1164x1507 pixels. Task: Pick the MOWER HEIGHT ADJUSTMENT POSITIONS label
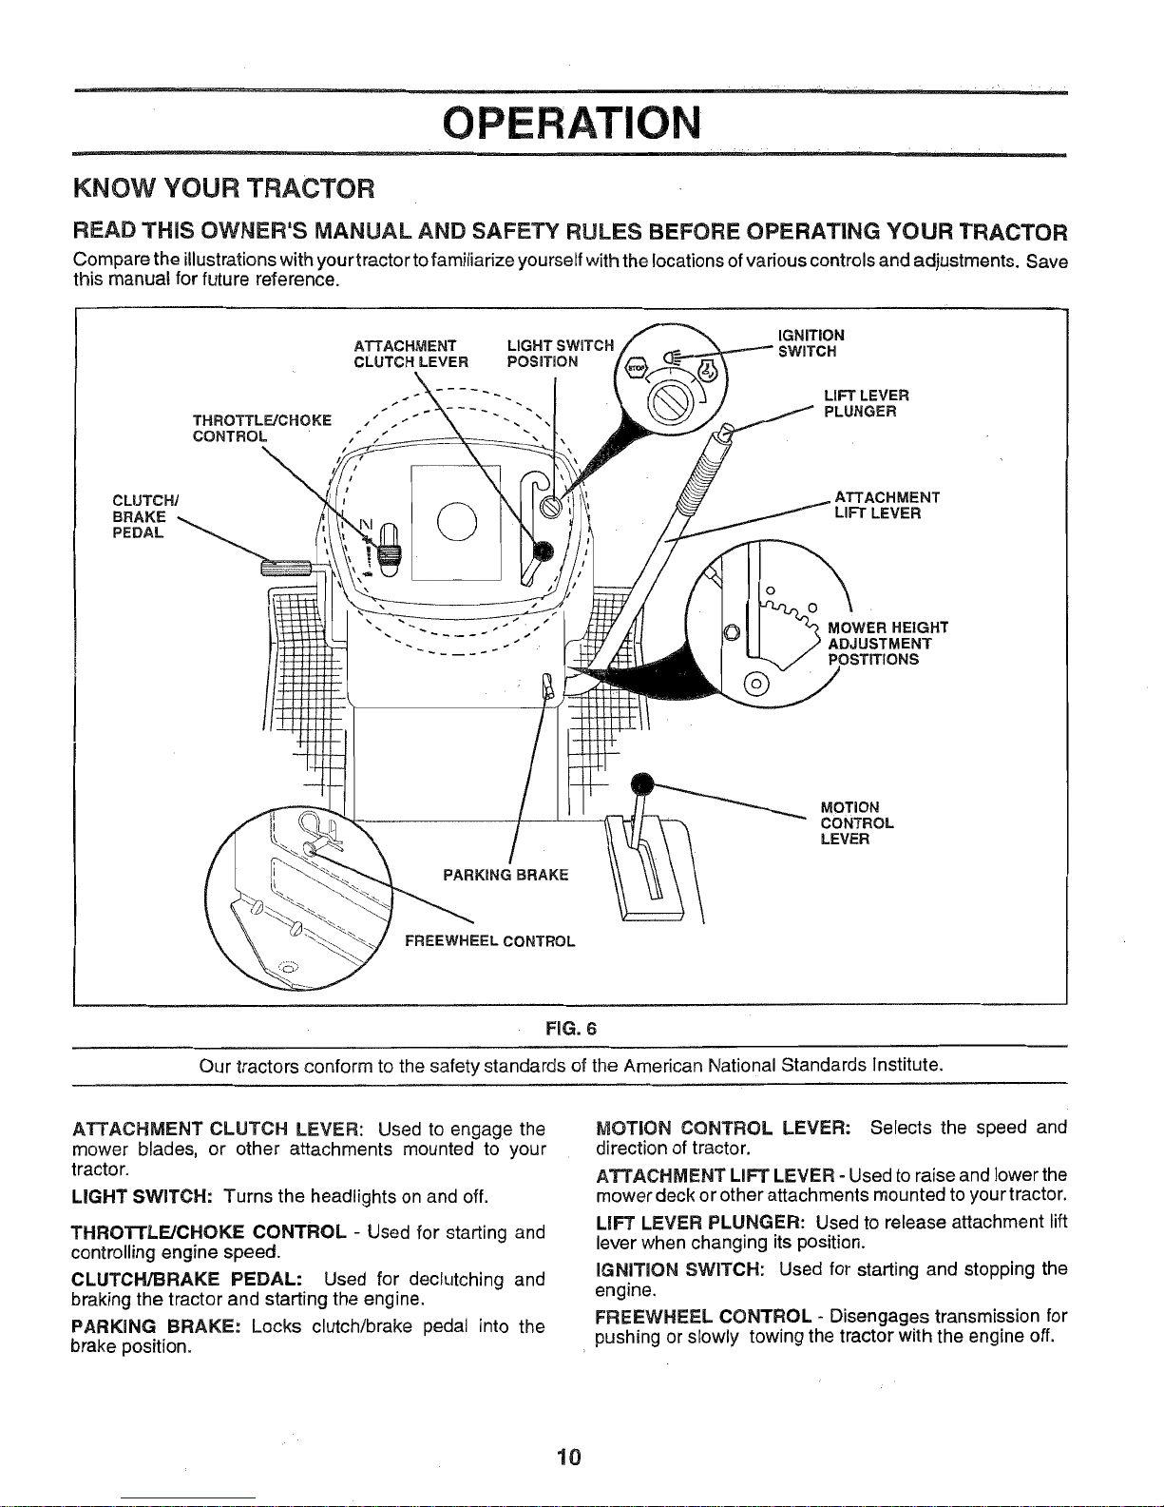[887, 644]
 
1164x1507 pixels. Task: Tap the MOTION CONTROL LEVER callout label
[856, 823]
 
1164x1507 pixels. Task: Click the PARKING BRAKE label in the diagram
[506, 875]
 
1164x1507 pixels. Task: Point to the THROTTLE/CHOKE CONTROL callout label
[261, 429]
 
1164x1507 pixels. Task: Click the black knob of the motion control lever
[644, 782]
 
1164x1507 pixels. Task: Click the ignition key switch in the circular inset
[664, 390]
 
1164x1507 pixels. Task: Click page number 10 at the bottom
[569, 1458]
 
